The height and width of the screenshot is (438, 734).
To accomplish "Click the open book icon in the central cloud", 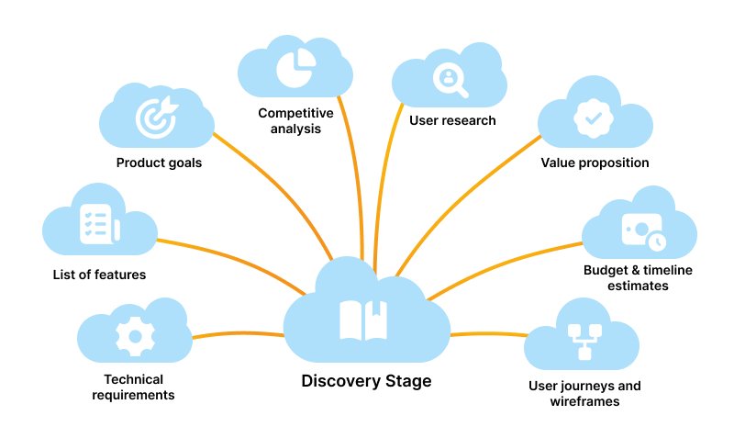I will (x=363, y=319).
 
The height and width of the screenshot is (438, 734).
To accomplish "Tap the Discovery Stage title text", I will (x=366, y=380).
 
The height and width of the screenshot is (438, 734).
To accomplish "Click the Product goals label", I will (x=159, y=163).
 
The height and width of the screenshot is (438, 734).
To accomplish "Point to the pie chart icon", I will (x=295, y=65).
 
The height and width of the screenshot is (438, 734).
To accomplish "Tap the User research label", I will (x=451, y=120).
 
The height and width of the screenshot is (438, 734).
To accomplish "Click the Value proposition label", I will (x=595, y=163).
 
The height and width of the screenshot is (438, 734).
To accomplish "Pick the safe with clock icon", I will (x=642, y=230).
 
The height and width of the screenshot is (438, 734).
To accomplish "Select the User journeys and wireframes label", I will (x=584, y=393).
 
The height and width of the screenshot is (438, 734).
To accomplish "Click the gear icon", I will (x=134, y=336).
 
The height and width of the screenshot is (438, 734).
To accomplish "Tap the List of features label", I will (x=98, y=274).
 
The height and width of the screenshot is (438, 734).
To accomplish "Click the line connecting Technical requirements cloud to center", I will (x=239, y=334).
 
